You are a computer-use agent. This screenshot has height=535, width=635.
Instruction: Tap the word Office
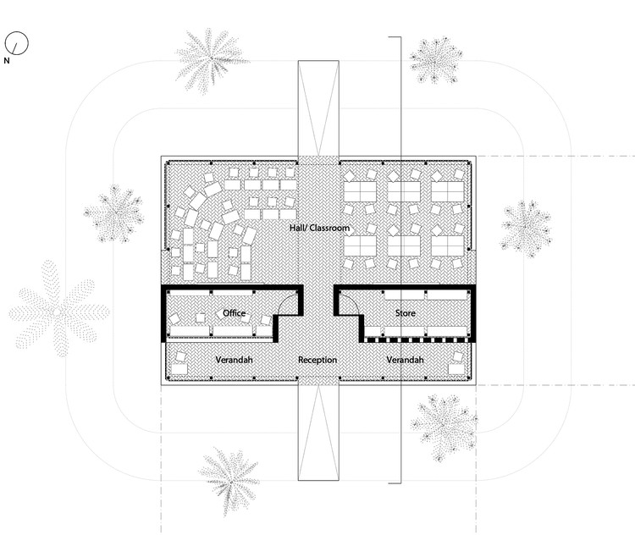234,313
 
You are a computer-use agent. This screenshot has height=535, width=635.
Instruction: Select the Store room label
405,313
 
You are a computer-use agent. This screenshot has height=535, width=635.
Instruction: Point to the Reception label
317,361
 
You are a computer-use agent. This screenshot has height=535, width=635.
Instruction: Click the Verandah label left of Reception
234,361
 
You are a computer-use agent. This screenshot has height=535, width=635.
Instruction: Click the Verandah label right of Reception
405,361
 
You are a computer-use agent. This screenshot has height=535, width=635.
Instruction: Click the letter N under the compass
7,61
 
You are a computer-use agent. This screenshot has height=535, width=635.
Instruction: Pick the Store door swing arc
347,301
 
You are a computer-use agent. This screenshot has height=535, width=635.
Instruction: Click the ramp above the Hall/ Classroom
317,107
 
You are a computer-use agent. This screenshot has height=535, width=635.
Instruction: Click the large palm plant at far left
58,310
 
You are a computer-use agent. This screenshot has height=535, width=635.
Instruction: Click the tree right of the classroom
526,227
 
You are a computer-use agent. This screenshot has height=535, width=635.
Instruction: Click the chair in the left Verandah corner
180,367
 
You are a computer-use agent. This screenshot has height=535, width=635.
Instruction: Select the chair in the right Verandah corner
458,367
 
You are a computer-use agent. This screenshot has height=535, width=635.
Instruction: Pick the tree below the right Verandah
444,425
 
